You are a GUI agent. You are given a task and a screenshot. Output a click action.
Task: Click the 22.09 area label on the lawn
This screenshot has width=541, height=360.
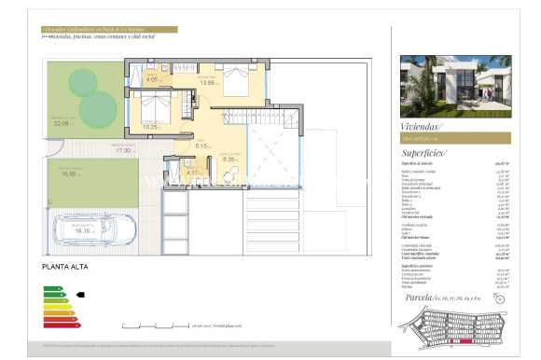62,122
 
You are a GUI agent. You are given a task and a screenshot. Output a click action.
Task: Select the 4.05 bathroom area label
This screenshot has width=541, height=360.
153,80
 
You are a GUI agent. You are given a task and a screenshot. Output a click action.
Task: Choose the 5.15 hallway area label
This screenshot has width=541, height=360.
202,145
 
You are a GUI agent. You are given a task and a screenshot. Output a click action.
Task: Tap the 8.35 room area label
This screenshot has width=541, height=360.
229,159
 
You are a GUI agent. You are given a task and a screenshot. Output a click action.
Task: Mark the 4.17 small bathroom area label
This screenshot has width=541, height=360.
193,172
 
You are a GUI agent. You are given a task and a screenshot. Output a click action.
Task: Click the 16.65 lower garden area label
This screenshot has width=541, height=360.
70,173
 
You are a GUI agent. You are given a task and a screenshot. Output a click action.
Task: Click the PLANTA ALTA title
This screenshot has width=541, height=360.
66,267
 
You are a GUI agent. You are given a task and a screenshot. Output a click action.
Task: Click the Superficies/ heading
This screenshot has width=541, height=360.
424,152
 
